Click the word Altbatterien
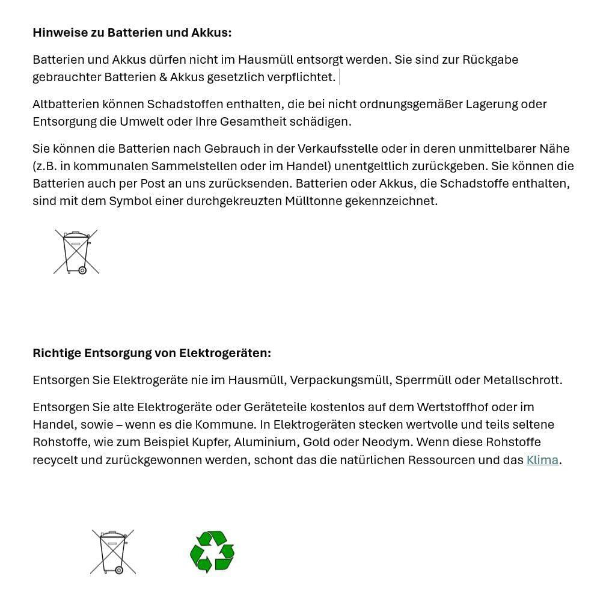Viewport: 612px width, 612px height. pyautogui.click(x=66, y=104)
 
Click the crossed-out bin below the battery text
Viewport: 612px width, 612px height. pyautogui.click(x=76, y=252)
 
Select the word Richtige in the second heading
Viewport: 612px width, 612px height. pyautogui.click(x=57, y=353)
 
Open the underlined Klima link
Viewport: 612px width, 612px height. pyautogui.click(x=542, y=460)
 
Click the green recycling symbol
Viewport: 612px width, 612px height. pyautogui.click(x=212, y=551)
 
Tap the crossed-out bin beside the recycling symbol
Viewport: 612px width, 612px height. pyautogui.click(x=113, y=552)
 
